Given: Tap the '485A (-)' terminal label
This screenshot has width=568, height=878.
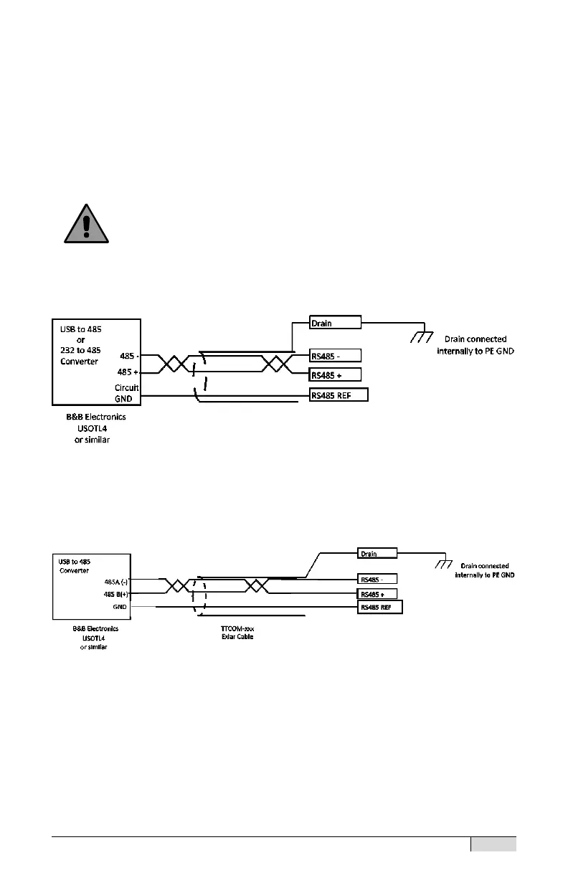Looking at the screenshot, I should point(115,582).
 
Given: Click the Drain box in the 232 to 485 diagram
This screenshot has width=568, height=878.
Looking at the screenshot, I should point(335,323).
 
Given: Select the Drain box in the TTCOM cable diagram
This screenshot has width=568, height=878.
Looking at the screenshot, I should point(377,553).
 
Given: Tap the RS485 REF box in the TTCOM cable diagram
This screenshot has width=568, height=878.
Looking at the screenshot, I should point(379,608).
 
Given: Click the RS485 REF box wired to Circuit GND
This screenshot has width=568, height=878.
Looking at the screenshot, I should point(339,395).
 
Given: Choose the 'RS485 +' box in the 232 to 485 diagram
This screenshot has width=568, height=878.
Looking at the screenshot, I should point(335,374).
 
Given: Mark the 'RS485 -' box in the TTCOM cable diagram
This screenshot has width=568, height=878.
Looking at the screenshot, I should point(377,579).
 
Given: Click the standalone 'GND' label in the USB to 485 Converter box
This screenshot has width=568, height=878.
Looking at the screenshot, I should point(119,606).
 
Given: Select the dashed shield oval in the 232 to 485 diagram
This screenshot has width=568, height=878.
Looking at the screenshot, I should point(199,377).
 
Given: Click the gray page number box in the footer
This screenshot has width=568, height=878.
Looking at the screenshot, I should point(493,844).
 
